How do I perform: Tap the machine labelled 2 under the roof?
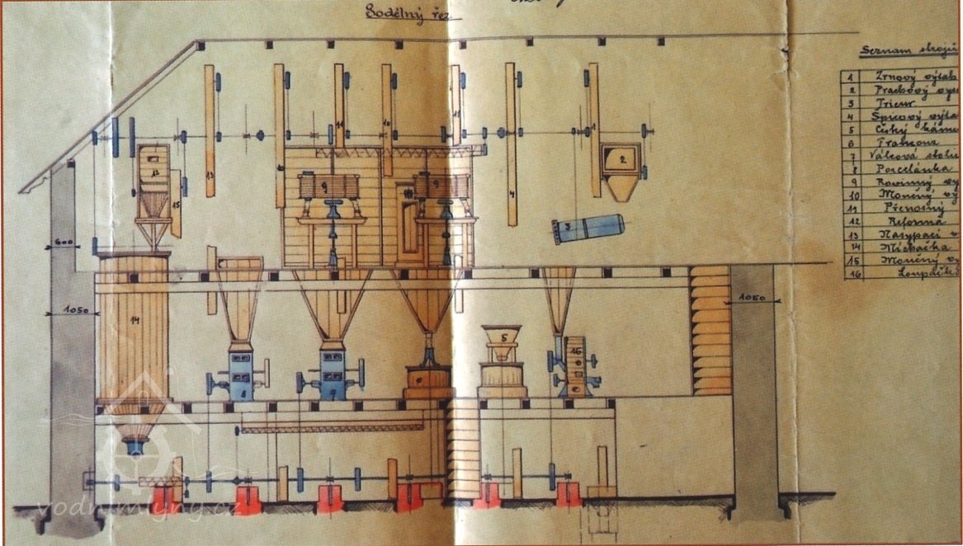(x=621, y=161)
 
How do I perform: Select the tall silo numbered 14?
(x=131, y=330)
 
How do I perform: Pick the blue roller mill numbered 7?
(x=331, y=376)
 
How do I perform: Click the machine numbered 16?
(x=571, y=368)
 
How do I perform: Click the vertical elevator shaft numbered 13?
(x=210, y=132)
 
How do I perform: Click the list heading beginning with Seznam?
(x=908, y=51)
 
